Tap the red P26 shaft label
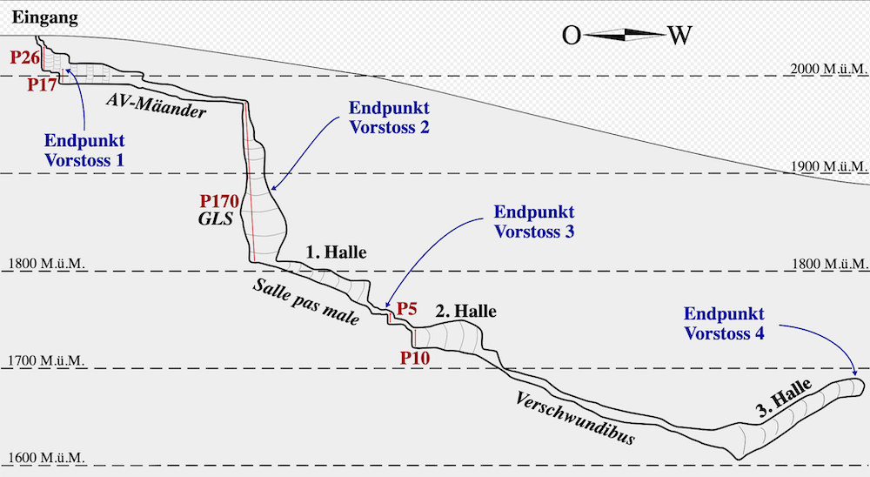pos(26,57)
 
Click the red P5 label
pos(407,309)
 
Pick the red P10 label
pos(415,357)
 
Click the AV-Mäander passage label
pos(157,104)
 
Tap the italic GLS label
pos(216,219)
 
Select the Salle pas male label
pos(306,302)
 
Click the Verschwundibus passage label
pos(574,418)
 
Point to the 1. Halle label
pos(336,252)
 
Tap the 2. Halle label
pos(465,311)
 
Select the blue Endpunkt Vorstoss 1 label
pos(84,150)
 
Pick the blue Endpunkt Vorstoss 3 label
pos(534,221)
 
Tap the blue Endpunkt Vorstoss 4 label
pos(724,322)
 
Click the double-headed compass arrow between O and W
pos(624,35)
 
